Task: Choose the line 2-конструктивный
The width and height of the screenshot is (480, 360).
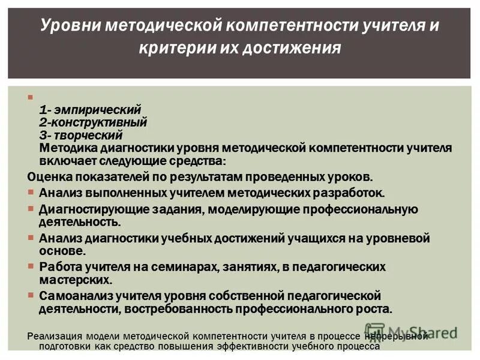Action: coord(93,122)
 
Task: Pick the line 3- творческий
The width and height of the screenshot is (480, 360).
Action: coord(81,134)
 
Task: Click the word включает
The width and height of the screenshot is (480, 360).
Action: coord(67,161)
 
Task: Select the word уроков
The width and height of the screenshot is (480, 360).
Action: coord(351,177)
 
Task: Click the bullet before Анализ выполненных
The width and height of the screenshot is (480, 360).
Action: coord(32,192)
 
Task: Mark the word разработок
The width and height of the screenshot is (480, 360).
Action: coord(347,193)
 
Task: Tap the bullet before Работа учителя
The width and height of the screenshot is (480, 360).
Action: coord(32,266)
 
